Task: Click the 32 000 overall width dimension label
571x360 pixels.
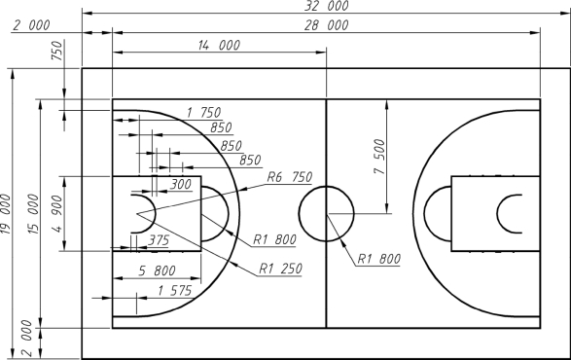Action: coord(327,6)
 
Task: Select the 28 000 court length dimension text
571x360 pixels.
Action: coord(327,25)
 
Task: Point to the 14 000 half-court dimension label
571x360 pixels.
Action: coord(219,45)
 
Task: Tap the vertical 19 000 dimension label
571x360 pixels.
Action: coord(6,214)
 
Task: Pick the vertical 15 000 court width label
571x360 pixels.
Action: coord(33,214)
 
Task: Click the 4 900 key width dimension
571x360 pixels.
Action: coord(57,214)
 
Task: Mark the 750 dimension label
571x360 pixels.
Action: coord(57,51)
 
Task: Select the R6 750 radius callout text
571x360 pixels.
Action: coord(290,177)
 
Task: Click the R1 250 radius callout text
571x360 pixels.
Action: coord(280,269)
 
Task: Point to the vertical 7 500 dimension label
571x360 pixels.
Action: coord(379,157)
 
